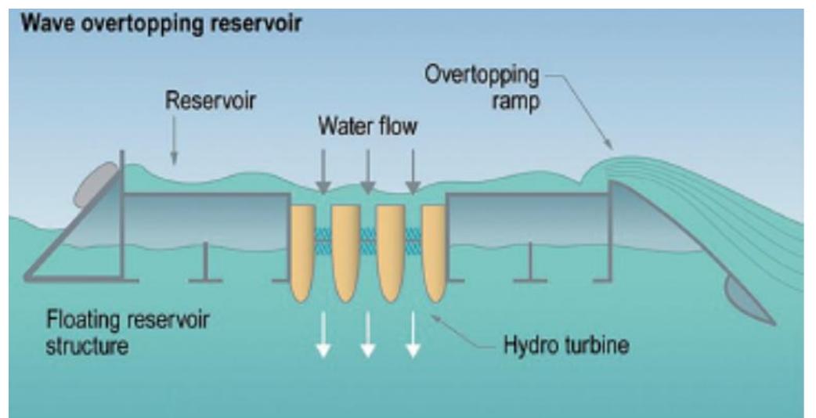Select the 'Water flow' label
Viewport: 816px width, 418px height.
point(366,128)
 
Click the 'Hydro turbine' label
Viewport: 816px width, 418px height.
point(565,344)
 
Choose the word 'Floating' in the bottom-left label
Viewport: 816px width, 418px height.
point(78,321)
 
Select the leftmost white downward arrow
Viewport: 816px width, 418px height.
point(322,337)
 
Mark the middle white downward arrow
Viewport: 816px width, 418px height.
point(367,337)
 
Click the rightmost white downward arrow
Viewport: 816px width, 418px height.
point(413,337)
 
